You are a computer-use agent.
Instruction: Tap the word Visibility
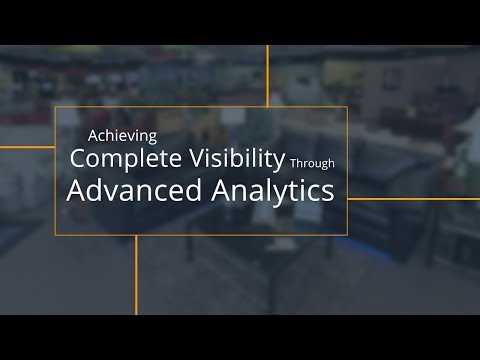click(236, 158)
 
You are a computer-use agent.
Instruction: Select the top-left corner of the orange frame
click(55, 107)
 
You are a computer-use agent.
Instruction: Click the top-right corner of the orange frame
click(347, 107)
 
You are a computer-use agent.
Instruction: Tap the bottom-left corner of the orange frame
click(55, 235)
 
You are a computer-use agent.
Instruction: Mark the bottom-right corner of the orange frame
click(347, 235)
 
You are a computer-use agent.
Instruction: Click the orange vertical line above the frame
click(267, 75)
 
